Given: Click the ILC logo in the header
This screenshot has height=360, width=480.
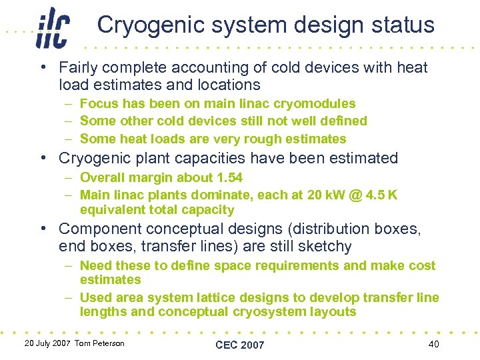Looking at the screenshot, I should coord(53,28).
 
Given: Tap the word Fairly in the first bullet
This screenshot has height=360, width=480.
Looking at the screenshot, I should coord(77,67).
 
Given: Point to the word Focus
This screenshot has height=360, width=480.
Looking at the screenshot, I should coord(98,104).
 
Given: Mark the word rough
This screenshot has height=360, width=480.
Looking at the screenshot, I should coord(270,139).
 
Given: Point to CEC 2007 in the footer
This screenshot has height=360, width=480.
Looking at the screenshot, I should coord(239,345).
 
